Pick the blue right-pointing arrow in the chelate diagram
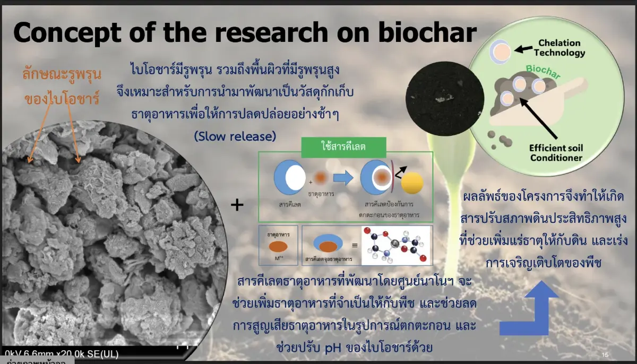click(x=342, y=179)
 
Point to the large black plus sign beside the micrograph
click(x=237, y=205)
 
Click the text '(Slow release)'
click(x=235, y=136)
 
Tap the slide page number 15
click(x=605, y=354)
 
